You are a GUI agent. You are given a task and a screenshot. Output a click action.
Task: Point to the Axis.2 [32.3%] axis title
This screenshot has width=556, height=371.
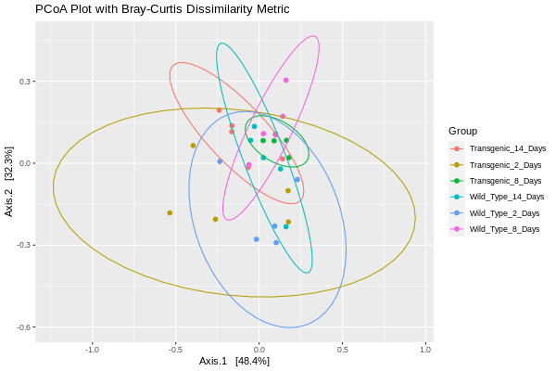pos(9,182)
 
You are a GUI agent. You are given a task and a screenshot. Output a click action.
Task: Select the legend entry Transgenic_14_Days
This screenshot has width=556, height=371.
pos(507,148)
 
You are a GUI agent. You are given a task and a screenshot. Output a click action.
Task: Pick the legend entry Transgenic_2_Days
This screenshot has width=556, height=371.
pos(505,164)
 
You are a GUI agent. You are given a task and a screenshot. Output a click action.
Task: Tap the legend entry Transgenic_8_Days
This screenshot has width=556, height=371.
pos(505,181)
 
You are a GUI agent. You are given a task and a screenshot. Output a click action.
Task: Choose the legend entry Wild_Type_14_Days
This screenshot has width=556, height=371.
pos(506,197)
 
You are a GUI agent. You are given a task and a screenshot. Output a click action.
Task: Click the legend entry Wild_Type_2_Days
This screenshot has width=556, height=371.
pos(504,212)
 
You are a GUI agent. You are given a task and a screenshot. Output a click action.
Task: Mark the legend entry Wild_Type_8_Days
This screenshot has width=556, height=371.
pos(504,228)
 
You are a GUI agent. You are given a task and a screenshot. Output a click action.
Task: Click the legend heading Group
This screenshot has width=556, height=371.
pos(462,131)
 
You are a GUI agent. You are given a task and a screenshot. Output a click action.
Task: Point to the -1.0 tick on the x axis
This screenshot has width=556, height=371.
pos(93,350)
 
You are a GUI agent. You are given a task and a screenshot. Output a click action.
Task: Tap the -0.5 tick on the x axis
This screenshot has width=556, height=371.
pos(176,350)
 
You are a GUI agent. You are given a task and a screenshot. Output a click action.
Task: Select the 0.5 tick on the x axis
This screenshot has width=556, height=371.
pos(343,350)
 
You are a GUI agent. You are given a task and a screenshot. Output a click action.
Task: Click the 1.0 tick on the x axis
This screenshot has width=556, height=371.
pos(426,350)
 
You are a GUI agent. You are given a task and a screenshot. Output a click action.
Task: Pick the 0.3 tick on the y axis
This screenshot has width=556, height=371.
pos(26,82)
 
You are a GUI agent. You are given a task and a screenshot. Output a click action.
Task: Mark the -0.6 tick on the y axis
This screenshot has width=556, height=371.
pos(24,327)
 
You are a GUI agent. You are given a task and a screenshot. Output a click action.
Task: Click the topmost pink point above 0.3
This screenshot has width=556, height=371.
pos(286,80)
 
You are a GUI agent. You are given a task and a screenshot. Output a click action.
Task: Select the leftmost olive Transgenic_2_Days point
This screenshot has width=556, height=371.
pos(170,212)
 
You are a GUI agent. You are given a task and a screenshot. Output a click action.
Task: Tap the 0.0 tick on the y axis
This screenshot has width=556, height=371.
pos(26,163)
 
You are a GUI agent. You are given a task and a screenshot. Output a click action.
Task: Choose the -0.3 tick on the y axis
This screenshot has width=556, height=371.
pos(24,246)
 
